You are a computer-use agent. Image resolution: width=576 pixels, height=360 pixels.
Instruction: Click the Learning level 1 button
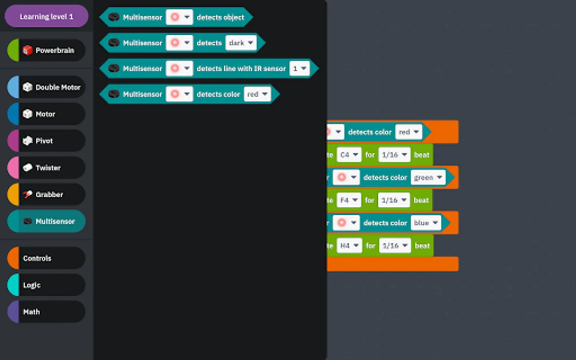tap(46, 16)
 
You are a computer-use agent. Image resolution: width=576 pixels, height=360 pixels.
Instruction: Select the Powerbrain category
tap(46, 50)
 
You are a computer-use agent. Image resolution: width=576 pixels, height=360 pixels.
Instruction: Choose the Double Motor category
tap(46, 87)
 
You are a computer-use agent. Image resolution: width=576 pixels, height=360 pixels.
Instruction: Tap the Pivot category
tap(46, 141)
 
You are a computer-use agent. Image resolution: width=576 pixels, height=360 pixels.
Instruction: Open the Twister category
tap(46, 168)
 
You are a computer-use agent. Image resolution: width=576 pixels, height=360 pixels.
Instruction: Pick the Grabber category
tap(46, 194)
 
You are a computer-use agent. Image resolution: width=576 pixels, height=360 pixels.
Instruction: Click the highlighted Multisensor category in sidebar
tap(46, 221)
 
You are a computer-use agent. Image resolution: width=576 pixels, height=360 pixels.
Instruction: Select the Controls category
tap(46, 258)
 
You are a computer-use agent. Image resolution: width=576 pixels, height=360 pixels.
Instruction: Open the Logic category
tap(46, 285)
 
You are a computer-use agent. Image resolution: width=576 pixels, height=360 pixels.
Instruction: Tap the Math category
tap(46, 312)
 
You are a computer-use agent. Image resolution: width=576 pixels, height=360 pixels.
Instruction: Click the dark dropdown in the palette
tap(241, 43)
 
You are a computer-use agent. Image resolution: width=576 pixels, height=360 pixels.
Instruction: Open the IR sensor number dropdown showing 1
tap(300, 68)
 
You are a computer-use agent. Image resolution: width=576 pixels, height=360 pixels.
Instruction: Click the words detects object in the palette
tap(220, 17)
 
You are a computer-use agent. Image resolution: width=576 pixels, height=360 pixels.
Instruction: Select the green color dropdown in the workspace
tap(428, 177)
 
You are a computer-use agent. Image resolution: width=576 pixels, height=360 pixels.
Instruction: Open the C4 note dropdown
tap(349, 155)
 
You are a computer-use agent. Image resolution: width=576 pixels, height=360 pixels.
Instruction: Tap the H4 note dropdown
tap(349, 246)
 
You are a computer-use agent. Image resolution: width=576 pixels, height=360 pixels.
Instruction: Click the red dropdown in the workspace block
tap(408, 132)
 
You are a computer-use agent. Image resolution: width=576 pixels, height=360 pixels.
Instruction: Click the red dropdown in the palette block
tap(257, 94)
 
